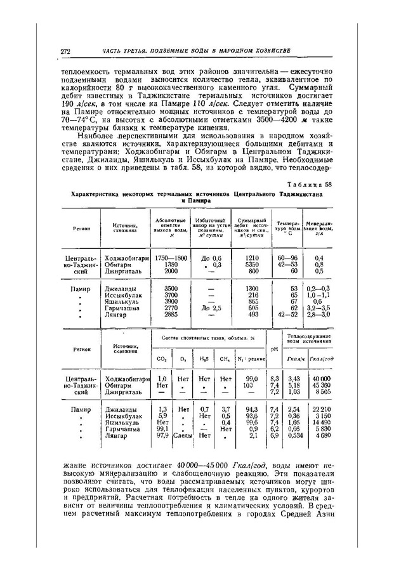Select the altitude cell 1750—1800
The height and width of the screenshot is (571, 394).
coord(171,258)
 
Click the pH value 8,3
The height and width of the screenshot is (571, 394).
coord(273,378)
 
